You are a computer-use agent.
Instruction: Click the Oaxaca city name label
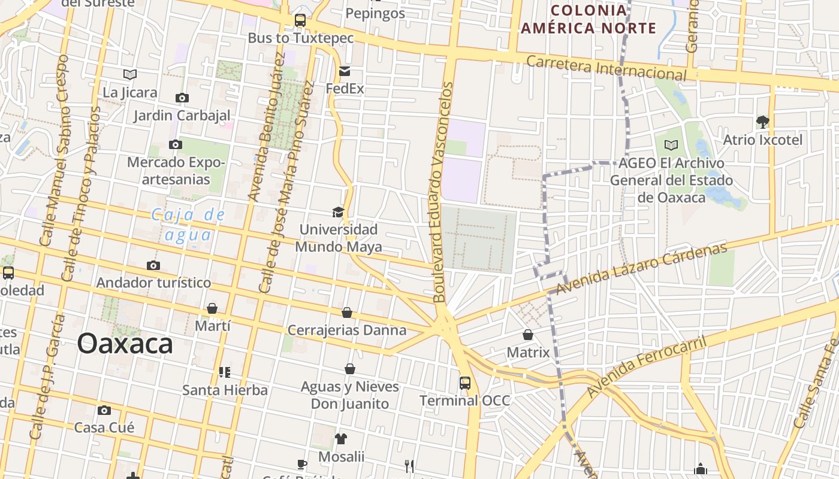click(125, 344)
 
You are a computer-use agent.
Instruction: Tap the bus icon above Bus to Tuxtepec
click(300, 20)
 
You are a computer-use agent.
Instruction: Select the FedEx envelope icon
click(345, 71)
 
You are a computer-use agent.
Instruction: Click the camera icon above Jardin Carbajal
click(182, 98)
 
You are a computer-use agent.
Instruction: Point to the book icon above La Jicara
click(130, 75)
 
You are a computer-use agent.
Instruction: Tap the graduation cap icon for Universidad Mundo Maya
click(339, 212)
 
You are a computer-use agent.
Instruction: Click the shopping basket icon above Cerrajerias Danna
click(347, 313)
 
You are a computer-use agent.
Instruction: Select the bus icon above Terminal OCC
click(464, 383)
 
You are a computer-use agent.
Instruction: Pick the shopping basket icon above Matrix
click(528, 335)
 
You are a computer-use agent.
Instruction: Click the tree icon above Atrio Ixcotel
click(762, 122)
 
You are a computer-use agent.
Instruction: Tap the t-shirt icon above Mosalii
click(341, 439)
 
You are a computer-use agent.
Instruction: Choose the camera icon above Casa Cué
click(104, 410)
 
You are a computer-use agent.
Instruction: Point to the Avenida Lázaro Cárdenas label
click(641, 269)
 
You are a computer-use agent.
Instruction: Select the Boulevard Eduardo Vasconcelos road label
click(442, 192)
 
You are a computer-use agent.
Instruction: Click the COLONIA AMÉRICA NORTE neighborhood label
click(588, 19)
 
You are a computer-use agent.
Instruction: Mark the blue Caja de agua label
click(188, 225)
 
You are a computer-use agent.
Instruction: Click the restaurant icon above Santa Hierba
click(225, 372)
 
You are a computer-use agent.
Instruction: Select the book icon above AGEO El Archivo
click(671, 145)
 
